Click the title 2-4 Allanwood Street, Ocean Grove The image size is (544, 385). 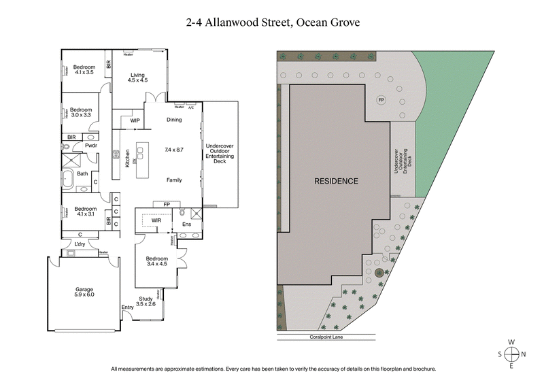click(273, 22)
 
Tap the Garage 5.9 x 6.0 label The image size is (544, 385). click(84, 293)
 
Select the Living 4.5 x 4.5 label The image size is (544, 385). click(138, 77)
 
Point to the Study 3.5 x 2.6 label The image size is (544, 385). click(146, 301)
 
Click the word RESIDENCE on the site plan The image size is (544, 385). click(336, 181)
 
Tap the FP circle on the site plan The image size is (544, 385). click(381, 100)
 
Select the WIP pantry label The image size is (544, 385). click(135, 120)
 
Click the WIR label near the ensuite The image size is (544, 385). click(156, 220)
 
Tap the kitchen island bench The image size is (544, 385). click(142, 160)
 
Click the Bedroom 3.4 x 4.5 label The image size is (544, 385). click(156, 261)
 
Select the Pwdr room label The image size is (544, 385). click(90, 145)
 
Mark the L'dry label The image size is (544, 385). click(80, 244)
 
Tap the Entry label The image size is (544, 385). click(127, 307)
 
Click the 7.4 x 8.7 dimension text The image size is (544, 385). click(175, 149)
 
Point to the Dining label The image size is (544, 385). click(175, 120)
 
